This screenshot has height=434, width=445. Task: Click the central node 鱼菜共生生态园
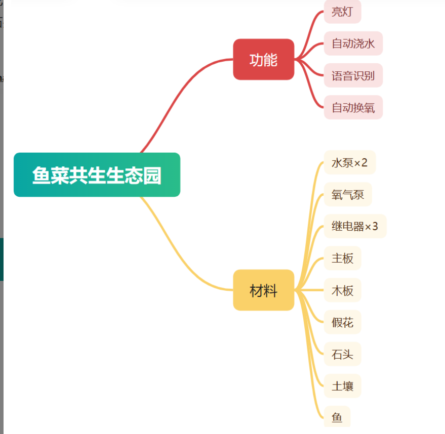[x=97, y=175]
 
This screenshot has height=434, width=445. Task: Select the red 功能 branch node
[x=263, y=60]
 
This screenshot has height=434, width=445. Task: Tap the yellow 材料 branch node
[x=263, y=290]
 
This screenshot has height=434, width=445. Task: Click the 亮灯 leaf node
[x=342, y=12]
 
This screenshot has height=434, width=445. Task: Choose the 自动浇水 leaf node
[x=353, y=44]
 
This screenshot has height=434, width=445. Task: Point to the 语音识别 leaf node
[x=353, y=76]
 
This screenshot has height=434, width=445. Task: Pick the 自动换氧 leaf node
[x=353, y=107]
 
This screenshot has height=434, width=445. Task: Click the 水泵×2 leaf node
[x=349, y=162]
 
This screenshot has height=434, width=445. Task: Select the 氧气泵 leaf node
[x=348, y=194]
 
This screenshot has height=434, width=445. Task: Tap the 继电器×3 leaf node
[x=354, y=226]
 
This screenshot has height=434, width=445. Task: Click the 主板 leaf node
[x=342, y=258]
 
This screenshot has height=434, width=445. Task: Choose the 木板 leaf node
[x=342, y=290]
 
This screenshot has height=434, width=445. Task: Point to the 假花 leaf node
[x=342, y=322]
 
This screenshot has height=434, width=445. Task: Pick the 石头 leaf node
[x=342, y=354]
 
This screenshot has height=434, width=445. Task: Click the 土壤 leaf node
[x=342, y=386]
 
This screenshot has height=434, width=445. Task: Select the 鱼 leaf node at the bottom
[x=337, y=417]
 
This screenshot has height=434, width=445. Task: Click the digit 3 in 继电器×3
[x=375, y=226]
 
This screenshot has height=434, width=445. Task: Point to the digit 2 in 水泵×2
[x=365, y=162]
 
